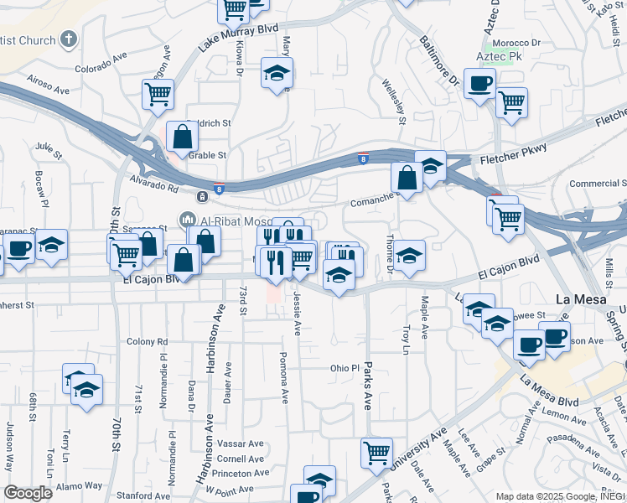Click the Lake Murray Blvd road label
tap(239, 37)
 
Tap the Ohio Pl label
tap(344, 368)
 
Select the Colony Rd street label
tap(148, 342)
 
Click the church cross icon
tap(70, 39)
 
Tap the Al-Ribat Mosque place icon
tap(186, 221)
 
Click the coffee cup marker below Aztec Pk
tap(479, 84)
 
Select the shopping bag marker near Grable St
tap(182, 136)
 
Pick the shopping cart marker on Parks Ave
tap(377, 452)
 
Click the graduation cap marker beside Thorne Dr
tap(410, 256)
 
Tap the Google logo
tap(28, 492)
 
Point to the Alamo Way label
tap(80, 485)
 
